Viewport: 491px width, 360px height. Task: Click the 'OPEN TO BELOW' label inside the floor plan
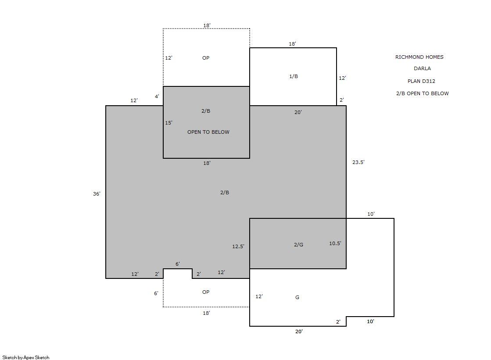[208, 132]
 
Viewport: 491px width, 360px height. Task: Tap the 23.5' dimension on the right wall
[358, 162]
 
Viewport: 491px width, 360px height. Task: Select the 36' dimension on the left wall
[97, 194]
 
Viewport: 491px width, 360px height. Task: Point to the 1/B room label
[294, 76]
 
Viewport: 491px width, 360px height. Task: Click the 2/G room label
[298, 245]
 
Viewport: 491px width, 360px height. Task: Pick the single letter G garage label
[297, 297]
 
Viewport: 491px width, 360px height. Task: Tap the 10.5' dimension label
[335, 243]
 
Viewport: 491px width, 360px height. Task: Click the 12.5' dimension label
[238, 246]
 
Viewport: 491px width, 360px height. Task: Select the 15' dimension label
[168, 123]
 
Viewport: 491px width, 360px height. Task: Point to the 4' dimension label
[157, 96]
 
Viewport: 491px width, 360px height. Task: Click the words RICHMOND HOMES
[419, 57]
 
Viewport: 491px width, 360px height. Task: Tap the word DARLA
[422, 68]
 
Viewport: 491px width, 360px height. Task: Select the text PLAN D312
[421, 81]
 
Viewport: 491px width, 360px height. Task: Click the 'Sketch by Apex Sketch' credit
[26, 357]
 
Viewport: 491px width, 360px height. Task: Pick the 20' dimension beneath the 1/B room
[298, 112]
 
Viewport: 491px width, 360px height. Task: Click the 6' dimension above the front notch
[178, 264]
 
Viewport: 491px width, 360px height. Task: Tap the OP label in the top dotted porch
[206, 58]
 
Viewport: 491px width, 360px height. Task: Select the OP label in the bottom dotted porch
[206, 292]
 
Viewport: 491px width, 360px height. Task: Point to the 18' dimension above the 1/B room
[292, 44]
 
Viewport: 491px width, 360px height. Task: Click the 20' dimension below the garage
[299, 331]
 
